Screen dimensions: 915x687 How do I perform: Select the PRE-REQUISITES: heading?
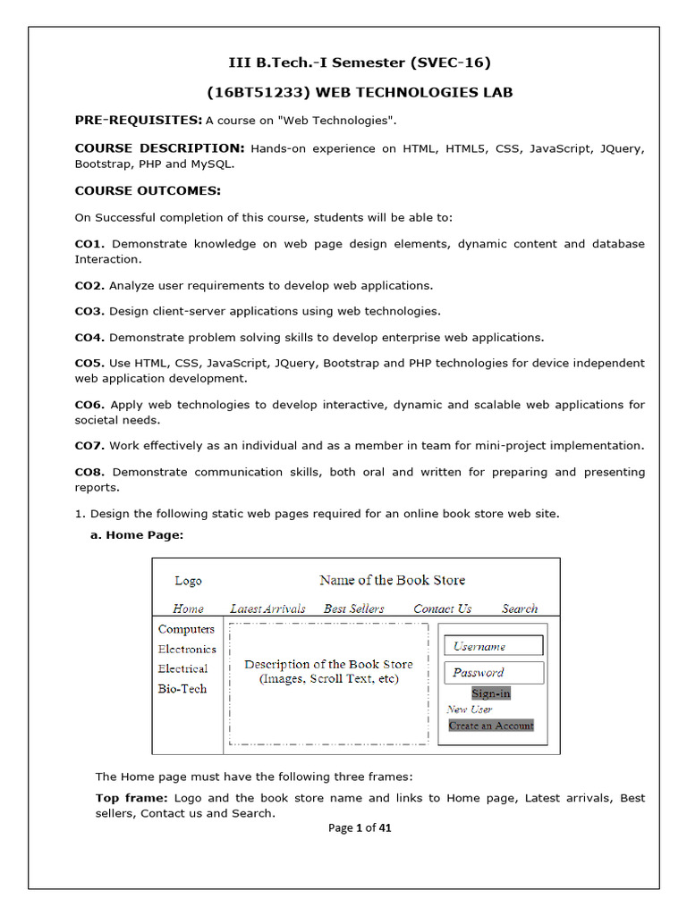[138, 120]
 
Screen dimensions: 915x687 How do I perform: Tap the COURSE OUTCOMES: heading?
[148, 190]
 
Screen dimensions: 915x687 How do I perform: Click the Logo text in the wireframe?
[188, 581]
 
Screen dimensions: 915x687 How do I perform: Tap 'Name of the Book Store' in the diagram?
[392, 580]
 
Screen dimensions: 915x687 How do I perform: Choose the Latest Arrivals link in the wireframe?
[267, 609]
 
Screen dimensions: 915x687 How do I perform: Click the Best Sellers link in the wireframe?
[353, 609]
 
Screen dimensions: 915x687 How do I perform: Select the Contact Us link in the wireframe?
[442, 609]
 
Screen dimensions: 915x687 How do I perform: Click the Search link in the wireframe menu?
[520, 609]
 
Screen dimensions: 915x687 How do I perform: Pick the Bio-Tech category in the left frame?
[182, 689]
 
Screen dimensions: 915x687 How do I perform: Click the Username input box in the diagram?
[494, 646]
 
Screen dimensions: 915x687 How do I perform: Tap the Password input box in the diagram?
[494, 673]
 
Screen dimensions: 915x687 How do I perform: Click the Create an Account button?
[491, 726]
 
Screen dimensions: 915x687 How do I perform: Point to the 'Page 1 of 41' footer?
[360, 827]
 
